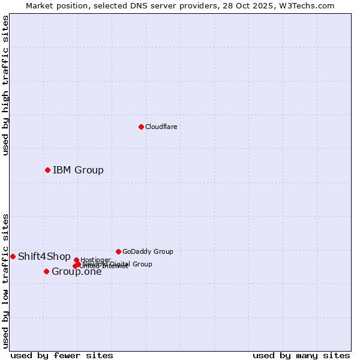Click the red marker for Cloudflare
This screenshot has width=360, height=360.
(141, 127)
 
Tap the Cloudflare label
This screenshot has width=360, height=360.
(161, 127)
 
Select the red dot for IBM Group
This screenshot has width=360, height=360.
(47, 170)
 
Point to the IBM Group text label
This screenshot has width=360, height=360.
(78, 170)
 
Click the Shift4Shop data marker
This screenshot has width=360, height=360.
(13, 256)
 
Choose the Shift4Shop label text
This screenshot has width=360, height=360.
(44, 257)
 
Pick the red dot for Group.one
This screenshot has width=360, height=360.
(46, 272)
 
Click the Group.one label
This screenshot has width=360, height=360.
(77, 272)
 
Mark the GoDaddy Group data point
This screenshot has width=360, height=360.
(118, 251)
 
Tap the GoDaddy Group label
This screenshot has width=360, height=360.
(148, 252)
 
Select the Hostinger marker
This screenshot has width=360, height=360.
(76, 260)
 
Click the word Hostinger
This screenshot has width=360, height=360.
(95, 260)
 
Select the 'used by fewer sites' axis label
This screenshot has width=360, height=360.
(62, 355)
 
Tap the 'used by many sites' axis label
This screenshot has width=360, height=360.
(301, 355)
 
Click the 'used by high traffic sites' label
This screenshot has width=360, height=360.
(5, 85)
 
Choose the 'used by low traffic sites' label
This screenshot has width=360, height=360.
(5, 281)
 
